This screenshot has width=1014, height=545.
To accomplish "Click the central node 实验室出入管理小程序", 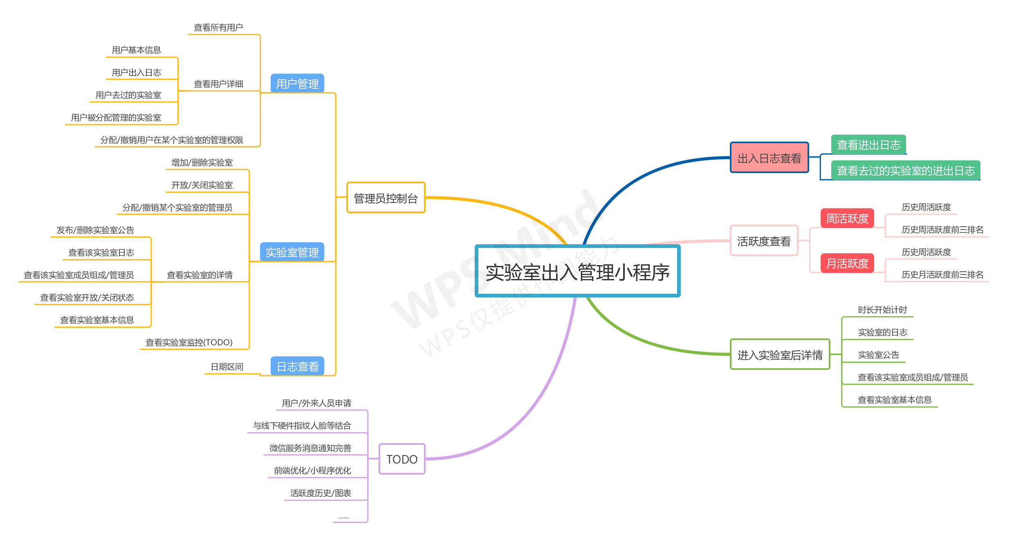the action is pyautogui.click(x=577, y=272).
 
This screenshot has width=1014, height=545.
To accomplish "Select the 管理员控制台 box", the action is pyautogui.click(x=386, y=198).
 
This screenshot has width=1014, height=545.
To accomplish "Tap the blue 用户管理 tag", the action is pyautogui.click(x=297, y=83).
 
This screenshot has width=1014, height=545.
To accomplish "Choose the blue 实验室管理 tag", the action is pyautogui.click(x=292, y=252).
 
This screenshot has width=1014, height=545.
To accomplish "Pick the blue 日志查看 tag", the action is pyautogui.click(x=297, y=366).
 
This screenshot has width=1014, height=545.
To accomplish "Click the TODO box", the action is pyautogui.click(x=402, y=459).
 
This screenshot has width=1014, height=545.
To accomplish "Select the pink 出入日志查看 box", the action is pyautogui.click(x=769, y=158).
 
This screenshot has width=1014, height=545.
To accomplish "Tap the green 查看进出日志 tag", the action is pyautogui.click(x=868, y=144).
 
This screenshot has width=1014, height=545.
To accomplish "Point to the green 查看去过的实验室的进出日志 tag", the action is pyautogui.click(x=906, y=170).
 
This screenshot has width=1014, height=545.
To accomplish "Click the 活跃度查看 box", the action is pyautogui.click(x=764, y=241).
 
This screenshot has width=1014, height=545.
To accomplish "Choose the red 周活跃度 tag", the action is pyautogui.click(x=847, y=218).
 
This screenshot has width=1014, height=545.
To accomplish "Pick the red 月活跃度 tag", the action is pyautogui.click(x=847, y=263).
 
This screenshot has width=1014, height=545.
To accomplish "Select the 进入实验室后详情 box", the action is pyautogui.click(x=780, y=354).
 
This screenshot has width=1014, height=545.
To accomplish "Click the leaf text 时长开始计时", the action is pyautogui.click(x=882, y=310).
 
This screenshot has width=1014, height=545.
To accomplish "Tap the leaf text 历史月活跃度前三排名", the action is pyautogui.click(x=942, y=275).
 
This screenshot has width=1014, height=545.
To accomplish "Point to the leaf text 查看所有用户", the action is pyautogui.click(x=218, y=27).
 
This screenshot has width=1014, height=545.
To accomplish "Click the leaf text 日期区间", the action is pyautogui.click(x=227, y=367).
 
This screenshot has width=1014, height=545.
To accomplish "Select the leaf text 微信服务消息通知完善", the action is pyautogui.click(x=310, y=448).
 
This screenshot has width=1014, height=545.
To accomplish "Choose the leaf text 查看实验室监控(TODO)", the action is pyautogui.click(x=189, y=342).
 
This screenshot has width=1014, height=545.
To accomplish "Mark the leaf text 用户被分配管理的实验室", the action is pyautogui.click(x=116, y=117).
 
